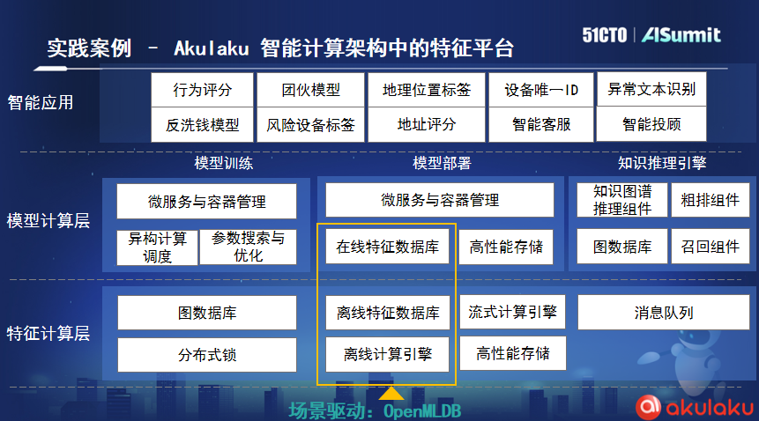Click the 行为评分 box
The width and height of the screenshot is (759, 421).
click(x=203, y=89)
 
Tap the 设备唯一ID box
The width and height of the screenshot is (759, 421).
click(x=541, y=89)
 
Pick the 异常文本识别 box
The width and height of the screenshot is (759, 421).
click(x=651, y=89)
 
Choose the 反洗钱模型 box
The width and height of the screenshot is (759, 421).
click(x=203, y=125)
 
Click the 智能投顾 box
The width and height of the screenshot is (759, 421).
click(x=651, y=125)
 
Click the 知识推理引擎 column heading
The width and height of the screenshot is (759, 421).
click(x=662, y=163)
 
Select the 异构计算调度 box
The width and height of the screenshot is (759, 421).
click(x=157, y=247)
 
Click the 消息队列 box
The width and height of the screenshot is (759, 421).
click(x=664, y=313)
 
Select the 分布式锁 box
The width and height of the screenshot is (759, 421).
click(x=207, y=355)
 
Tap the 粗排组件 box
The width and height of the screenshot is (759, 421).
click(x=710, y=200)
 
